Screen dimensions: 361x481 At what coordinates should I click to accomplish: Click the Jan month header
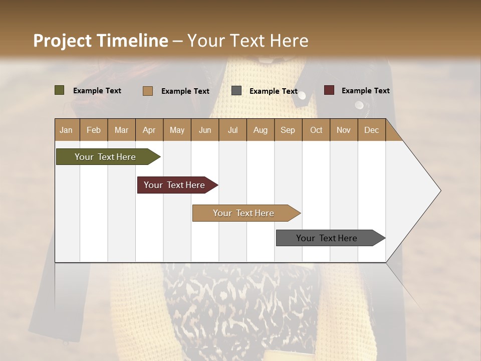tap(66, 130)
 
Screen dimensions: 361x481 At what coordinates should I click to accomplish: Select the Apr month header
tap(149, 130)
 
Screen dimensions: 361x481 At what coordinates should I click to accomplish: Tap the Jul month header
tap(232, 130)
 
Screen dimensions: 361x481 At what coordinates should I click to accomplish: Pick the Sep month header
tap(288, 130)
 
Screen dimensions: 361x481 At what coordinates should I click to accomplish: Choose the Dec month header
tap(371, 130)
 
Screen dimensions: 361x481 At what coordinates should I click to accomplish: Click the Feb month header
tap(94, 130)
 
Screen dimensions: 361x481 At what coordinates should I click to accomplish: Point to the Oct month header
tap(316, 130)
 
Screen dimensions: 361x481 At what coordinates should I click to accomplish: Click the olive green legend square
tap(59, 90)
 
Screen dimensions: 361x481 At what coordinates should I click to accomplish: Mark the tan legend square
tap(147, 91)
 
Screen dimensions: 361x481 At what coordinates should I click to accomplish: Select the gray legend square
tap(236, 91)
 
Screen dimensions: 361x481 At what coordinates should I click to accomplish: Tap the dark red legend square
tap(329, 90)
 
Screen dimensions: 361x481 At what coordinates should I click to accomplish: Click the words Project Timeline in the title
tap(100, 41)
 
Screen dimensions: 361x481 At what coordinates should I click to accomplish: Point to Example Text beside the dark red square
tap(365, 91)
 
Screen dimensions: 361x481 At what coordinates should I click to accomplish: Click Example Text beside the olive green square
tap(97, 91)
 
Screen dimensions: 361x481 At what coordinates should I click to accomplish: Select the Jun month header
tap(205, 130)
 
